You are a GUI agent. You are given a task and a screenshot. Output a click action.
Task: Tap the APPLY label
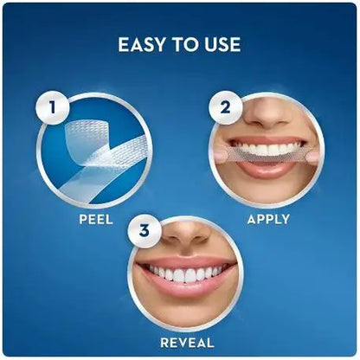(268, 219)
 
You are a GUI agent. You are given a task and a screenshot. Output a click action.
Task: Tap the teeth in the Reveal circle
(183, 274)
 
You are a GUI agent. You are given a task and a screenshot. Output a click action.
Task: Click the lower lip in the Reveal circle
(184, 292)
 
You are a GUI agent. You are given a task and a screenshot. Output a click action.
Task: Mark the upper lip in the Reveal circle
(183, 261)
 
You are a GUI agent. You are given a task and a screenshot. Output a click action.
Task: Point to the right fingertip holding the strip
(315, 156)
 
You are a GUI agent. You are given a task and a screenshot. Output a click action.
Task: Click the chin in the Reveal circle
(184, 312)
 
